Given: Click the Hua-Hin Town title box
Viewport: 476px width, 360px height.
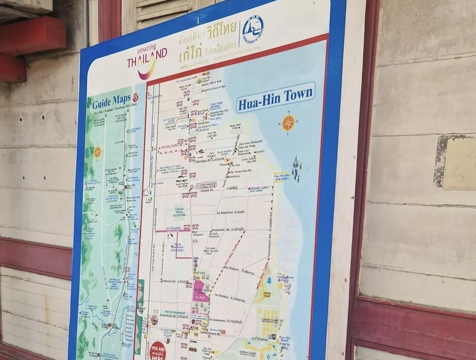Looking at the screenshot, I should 276,98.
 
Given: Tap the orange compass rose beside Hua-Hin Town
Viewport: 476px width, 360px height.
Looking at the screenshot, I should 288,123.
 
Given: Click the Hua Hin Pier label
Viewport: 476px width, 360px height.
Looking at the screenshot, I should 282,177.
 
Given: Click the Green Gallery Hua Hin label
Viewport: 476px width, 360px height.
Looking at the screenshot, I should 249,159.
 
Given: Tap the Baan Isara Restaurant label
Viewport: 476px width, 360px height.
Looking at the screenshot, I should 250,142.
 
